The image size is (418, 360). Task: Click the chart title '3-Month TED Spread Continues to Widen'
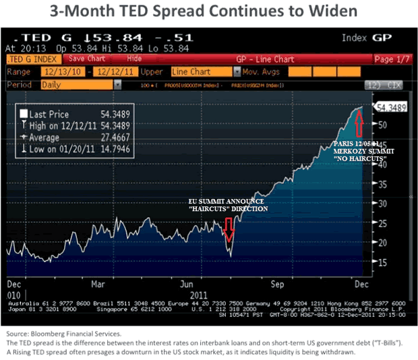point(209,12)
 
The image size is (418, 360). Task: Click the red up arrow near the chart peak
point(359,123)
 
